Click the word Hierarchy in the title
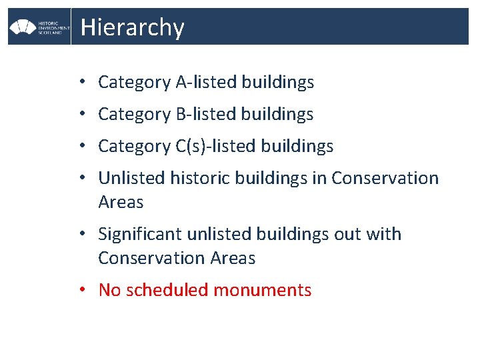point(132,27)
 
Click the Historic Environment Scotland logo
point(39,27)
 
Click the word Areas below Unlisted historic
point(121,201)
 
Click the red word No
point(108,290)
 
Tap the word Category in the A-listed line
point(134,82)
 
